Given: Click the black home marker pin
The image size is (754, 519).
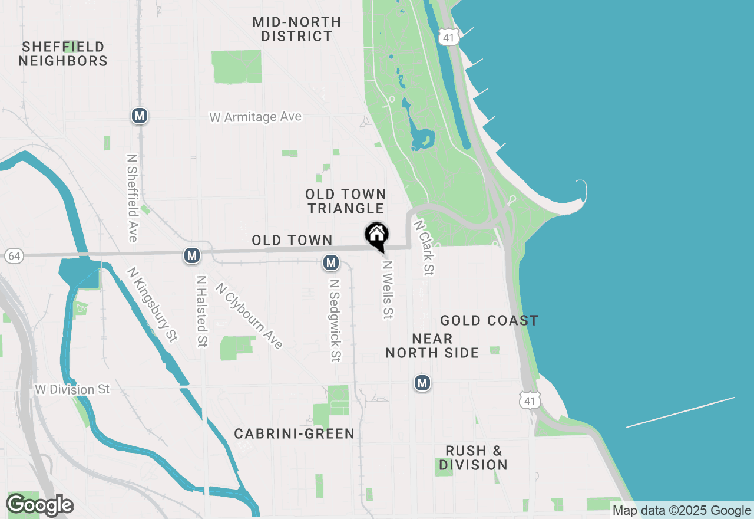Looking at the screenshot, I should point(377,235).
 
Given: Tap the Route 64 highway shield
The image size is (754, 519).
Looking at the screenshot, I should point(13,256).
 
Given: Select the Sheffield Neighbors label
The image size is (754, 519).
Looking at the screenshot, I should point(63,54).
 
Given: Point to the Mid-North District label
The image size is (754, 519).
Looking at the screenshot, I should point(297,29).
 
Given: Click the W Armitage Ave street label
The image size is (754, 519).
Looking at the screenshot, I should point(255,117).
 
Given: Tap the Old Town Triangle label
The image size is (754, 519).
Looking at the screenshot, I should point(346,201).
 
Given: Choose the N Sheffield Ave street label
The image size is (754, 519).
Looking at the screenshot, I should point(132,198).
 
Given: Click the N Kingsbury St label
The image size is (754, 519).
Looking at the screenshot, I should point(152,304).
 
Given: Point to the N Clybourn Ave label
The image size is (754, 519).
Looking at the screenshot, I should point(249,316).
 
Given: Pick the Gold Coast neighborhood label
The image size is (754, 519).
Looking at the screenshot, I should point(489,321).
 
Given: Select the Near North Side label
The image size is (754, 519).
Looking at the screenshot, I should point(432,346).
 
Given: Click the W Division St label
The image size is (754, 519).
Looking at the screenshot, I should point(72,390).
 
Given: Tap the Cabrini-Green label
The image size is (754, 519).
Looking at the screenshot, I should point(295,434).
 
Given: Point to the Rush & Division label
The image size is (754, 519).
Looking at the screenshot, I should point(474,458).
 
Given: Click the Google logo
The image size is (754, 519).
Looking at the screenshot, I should point(39,505).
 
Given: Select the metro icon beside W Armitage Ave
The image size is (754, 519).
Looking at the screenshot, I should point(139,116).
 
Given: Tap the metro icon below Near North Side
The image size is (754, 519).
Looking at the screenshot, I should point(422,383).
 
